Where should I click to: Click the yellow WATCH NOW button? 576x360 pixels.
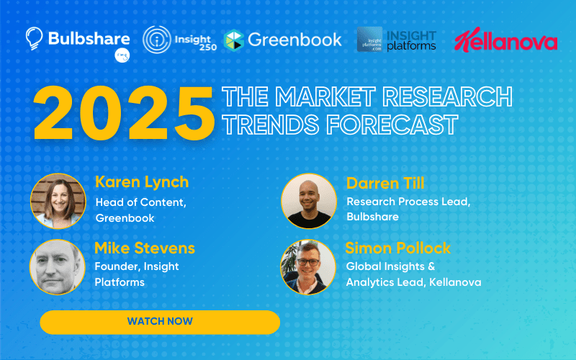click(160, 322)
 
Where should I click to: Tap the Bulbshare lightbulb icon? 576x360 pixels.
click(34, 38)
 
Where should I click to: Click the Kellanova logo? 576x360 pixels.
click(506, 40)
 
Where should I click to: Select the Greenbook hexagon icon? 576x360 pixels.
click(233, 40)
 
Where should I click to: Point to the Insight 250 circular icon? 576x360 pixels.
click(157, 40)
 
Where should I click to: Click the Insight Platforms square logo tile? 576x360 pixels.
click(369, 40)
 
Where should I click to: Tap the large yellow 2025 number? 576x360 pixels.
click(124, 113)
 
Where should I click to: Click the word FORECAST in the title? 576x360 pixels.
click(392, 125)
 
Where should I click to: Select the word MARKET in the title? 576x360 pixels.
click(325, 97)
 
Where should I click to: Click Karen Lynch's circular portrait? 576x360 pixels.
click(58, 202)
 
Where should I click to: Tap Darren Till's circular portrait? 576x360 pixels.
click(309, 202)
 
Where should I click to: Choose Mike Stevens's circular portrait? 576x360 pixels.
click(58, 267)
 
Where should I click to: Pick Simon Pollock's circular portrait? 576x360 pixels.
click(308, 267)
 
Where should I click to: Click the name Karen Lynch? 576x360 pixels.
click(142, 182)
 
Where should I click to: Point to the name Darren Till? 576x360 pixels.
click(385, 184)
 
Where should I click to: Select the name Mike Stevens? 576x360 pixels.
click(145, 248)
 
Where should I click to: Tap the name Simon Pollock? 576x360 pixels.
click(398, 248)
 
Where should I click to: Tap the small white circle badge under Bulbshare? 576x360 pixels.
click(122, 55)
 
